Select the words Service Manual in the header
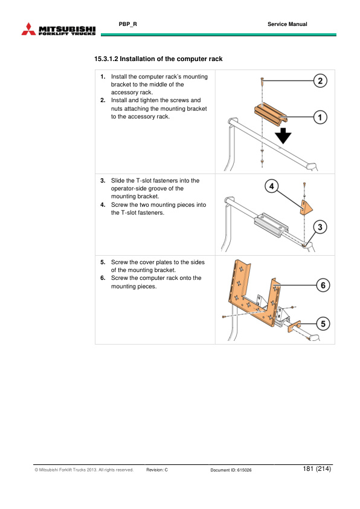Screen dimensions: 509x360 pos(287,24)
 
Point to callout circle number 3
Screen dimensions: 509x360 pos(321,227)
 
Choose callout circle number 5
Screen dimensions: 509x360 pos(323,324)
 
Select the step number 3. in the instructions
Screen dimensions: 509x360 pos(103,181)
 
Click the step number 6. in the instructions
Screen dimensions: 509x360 pos(103,278)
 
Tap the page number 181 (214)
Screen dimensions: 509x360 pos(316,469)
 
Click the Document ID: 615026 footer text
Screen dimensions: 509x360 pos(231,470)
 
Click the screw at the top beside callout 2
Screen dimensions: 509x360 pos(262,79)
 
